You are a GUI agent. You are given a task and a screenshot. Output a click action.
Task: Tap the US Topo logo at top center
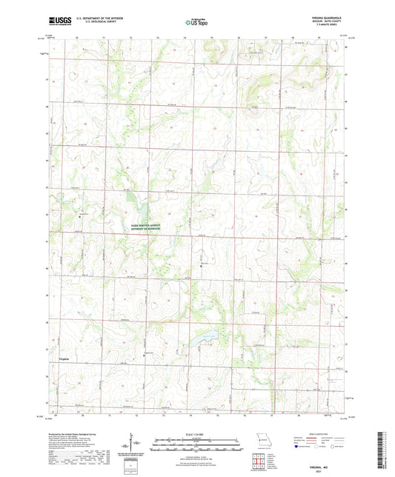197,23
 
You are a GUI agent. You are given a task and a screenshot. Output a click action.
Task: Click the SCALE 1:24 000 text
197,433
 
